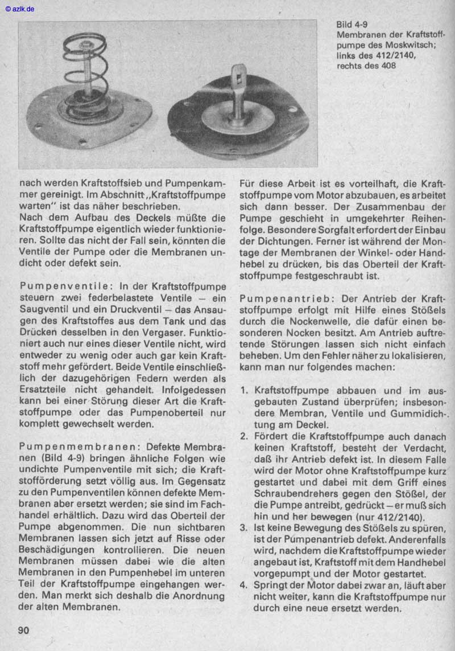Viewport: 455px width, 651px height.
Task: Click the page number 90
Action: click(23, 630)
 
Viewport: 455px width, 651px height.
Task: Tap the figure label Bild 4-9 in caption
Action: click(351, 25)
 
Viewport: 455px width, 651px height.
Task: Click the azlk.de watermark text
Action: click(19, 9)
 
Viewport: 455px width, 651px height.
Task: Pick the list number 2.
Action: click(243, 436)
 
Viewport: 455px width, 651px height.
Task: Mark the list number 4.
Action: click(243, 585)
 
